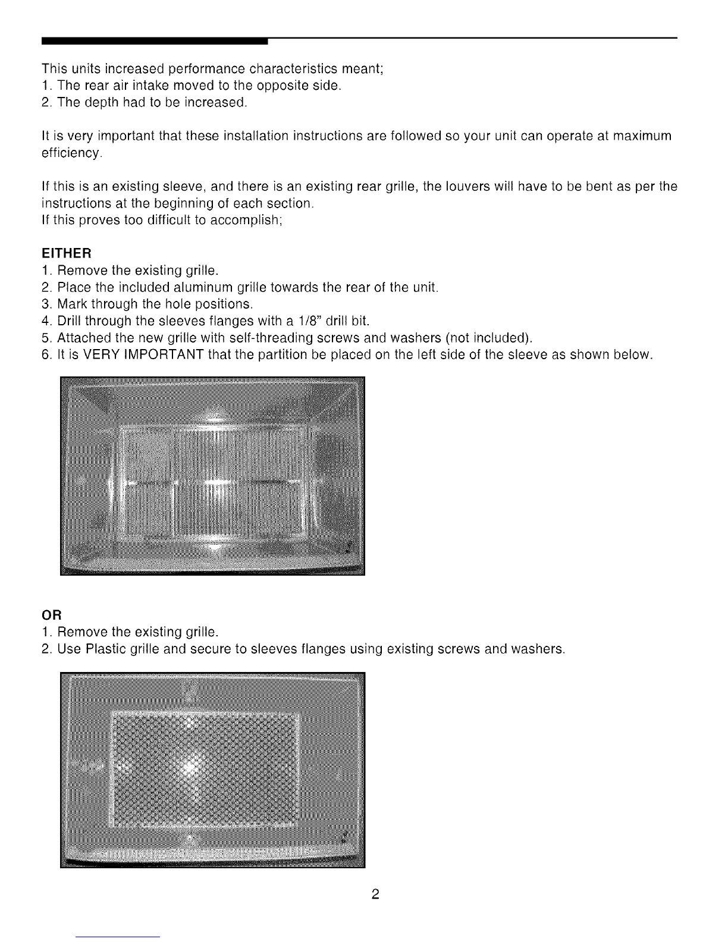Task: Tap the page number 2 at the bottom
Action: (375, 894)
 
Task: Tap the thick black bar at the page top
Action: (155, 41)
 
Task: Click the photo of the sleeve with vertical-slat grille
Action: (212, 476)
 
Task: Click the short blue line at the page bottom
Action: (118, 937)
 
